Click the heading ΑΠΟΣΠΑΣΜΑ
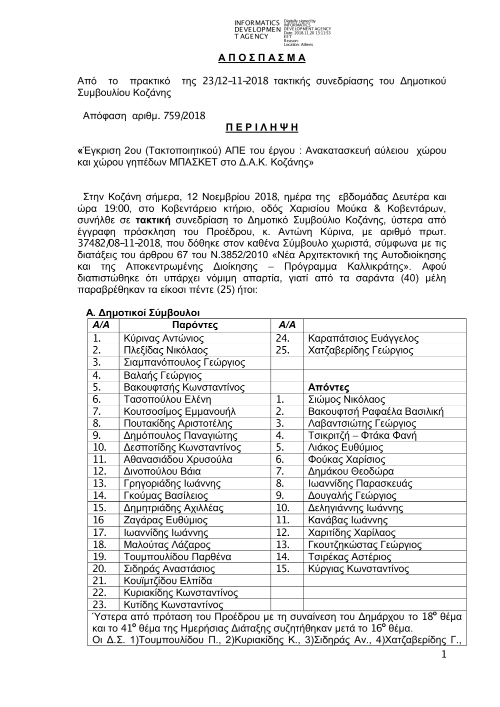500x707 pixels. (261, 58)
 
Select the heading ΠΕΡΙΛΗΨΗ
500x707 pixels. (261, 128)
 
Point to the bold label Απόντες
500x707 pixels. (329, 387)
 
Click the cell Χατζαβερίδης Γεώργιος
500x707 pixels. (361, 351)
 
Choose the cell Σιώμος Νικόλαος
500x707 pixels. (347, 399)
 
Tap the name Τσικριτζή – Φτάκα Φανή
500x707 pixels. (362, 435)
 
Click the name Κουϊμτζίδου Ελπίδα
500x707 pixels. (168, 581)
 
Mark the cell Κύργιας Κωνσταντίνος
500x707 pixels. (359, 569)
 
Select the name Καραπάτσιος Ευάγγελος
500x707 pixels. (363, 339)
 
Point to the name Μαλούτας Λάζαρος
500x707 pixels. (167, 544)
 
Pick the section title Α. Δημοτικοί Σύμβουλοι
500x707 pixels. (143, 313)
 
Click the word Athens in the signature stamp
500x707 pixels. (306, 45)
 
